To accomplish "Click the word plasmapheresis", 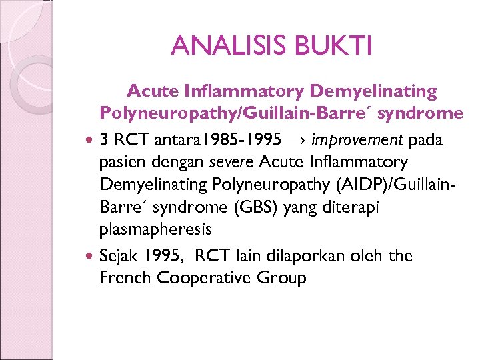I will [155, 230].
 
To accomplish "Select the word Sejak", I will [118, 256].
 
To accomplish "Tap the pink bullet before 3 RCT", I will [91, 141].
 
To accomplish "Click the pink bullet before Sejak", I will [91, 256].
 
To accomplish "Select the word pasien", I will [120, 161].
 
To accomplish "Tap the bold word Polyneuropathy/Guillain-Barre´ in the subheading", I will [238, 113].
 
